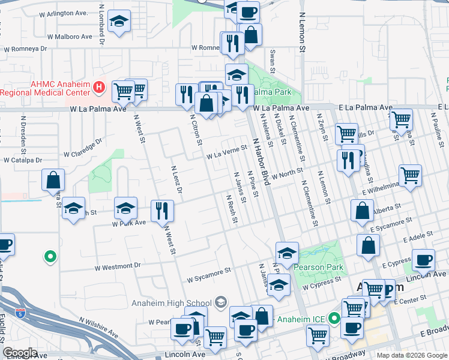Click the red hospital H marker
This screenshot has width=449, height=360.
[x=100, y=89]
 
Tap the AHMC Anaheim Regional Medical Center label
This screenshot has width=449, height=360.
[x=44, y=88]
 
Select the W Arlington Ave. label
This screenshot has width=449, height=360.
[x=64, y=13]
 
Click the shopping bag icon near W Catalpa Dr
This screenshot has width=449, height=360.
[x=53, y=179]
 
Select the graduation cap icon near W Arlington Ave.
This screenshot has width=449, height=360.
[x=120, y=23]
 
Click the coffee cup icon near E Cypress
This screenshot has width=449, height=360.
[x=424, y=260]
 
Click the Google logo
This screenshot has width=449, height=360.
[x=20, y=353]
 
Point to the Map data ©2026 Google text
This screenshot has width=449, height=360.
[x=412, y=355]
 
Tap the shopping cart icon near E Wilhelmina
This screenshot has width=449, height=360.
[x=411, y=175]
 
